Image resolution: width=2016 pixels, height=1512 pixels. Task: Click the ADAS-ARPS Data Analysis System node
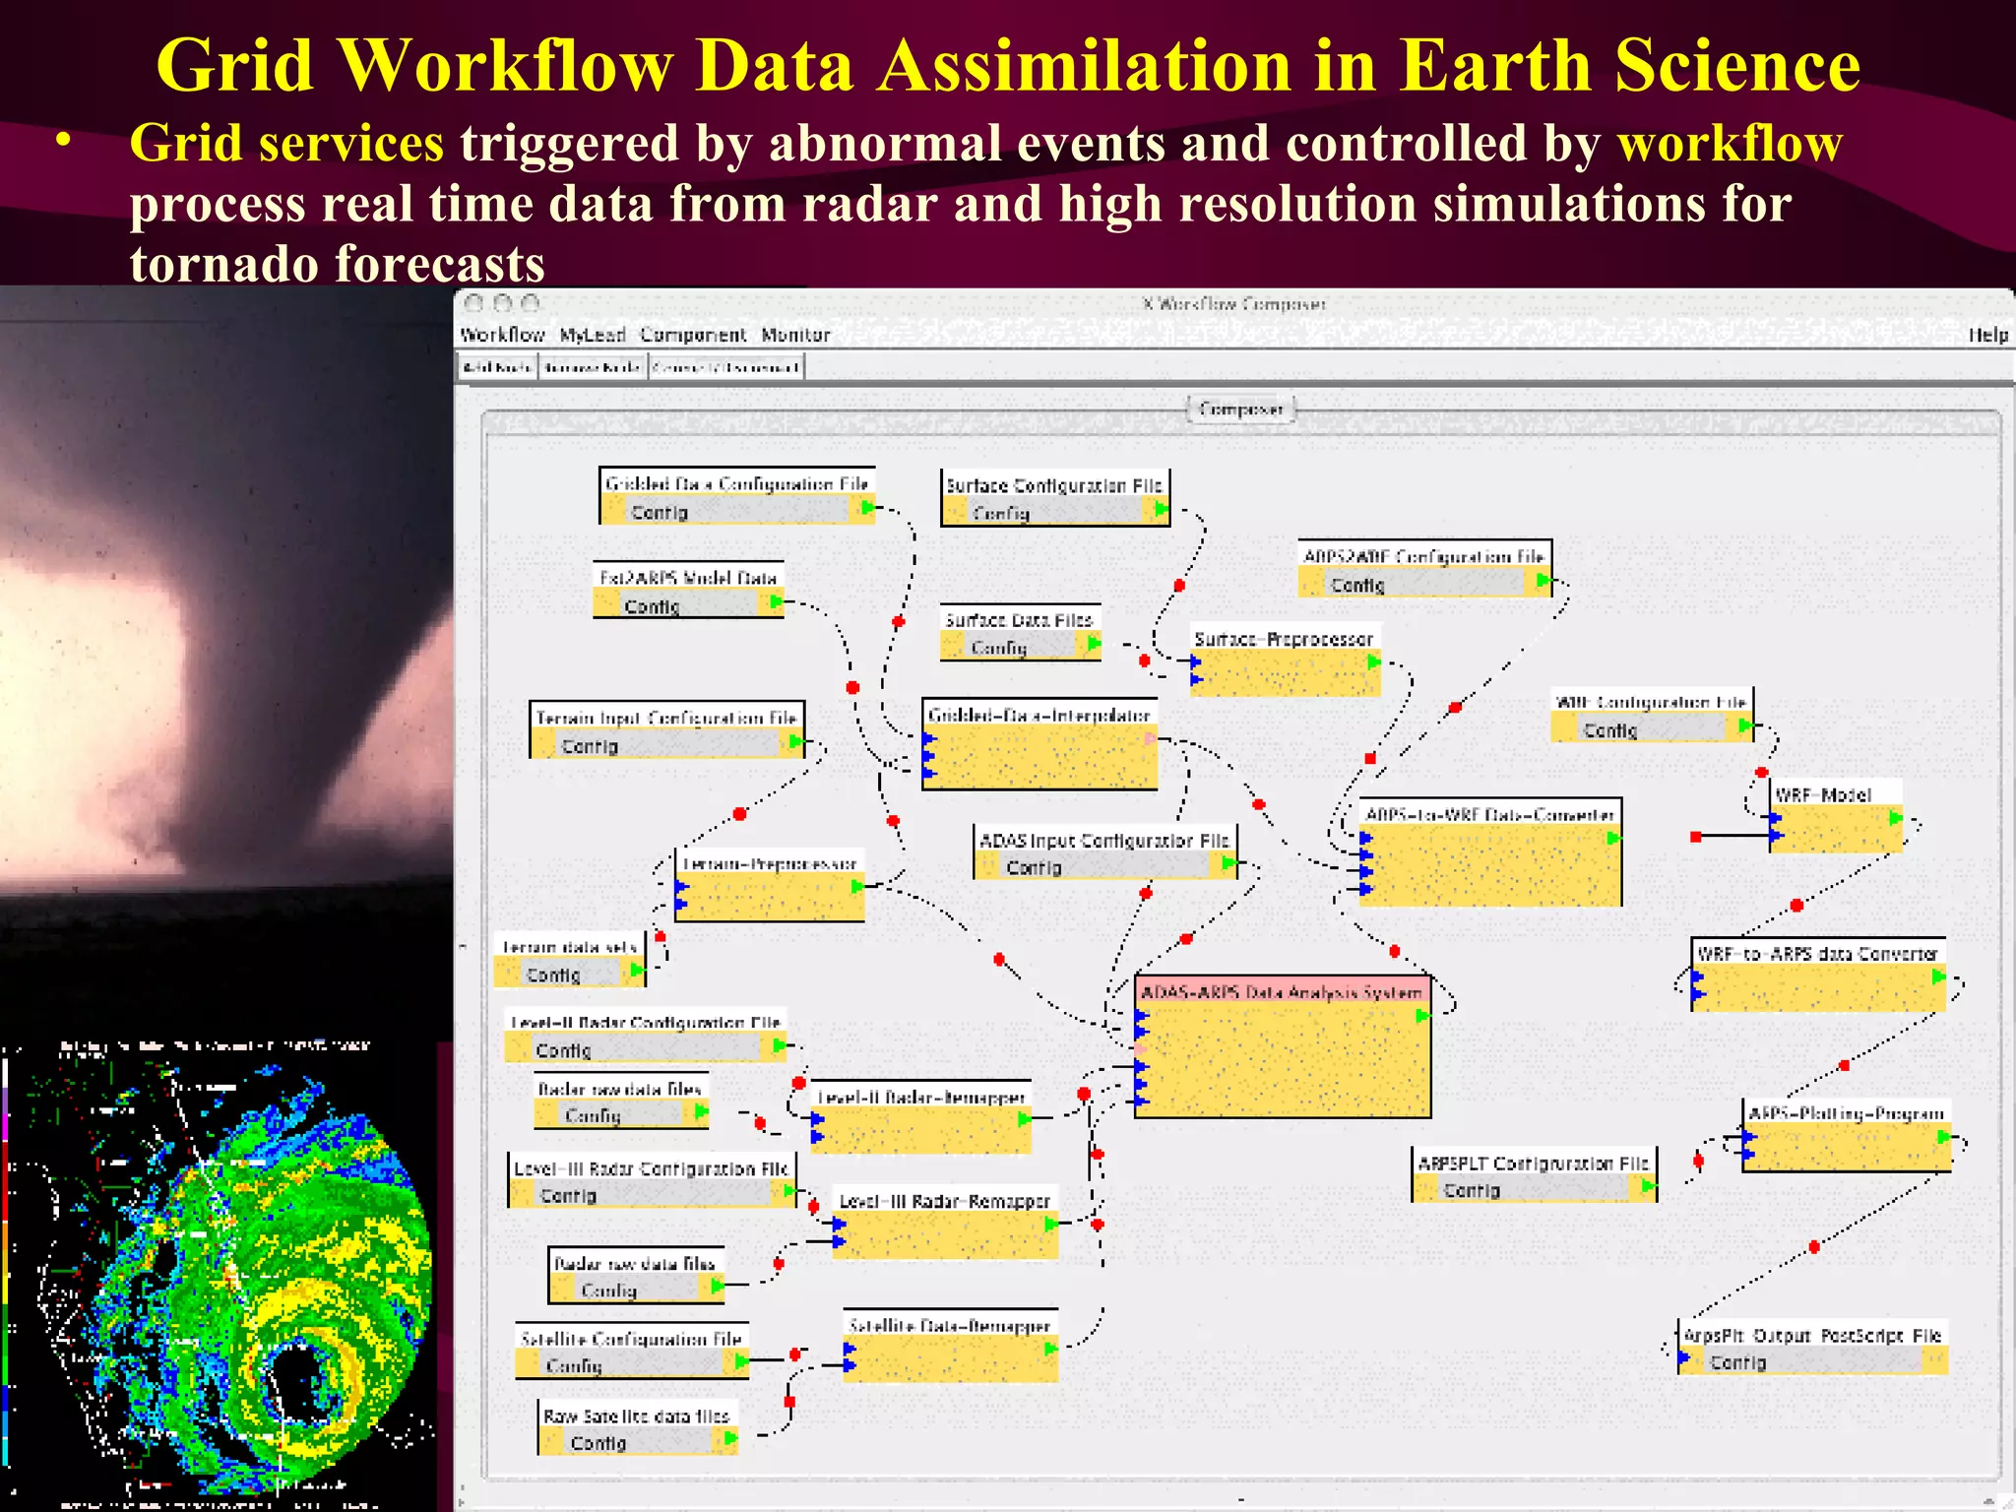click(1282, 1047)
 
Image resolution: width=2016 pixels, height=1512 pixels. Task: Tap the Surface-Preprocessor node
click(1284, 661)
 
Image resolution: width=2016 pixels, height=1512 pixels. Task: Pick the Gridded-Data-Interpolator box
click(1039, 744)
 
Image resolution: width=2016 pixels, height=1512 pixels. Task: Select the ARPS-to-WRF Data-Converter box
click(1489, 852)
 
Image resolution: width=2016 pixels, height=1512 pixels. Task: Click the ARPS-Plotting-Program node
click(1847, 1136)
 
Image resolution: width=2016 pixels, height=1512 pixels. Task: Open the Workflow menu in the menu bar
click(502, 335)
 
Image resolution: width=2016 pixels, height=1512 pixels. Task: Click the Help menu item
click(1987, 335)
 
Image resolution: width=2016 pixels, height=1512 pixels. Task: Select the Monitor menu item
click(795, 335)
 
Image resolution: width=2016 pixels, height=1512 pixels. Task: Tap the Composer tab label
click(1240, 409)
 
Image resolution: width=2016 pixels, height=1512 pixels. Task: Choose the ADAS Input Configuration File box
click(1104, 852)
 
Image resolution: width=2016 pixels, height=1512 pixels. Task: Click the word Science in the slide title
click(1736, 65)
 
